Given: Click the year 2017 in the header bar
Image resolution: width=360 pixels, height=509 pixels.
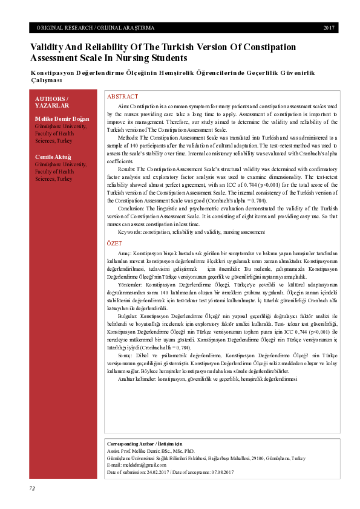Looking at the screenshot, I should [329, 28].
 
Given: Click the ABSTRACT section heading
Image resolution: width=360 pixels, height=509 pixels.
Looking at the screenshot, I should [122, 97].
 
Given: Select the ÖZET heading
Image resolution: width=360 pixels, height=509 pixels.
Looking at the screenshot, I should [114, 242].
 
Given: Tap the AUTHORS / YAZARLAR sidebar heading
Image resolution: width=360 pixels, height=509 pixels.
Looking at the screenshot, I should [52, 102].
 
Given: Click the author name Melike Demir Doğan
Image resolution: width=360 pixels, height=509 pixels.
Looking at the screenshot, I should [62, 119].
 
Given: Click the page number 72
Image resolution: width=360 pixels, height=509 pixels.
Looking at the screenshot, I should [33, 487].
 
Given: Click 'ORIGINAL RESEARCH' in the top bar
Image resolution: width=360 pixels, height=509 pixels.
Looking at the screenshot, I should [64, 28].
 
